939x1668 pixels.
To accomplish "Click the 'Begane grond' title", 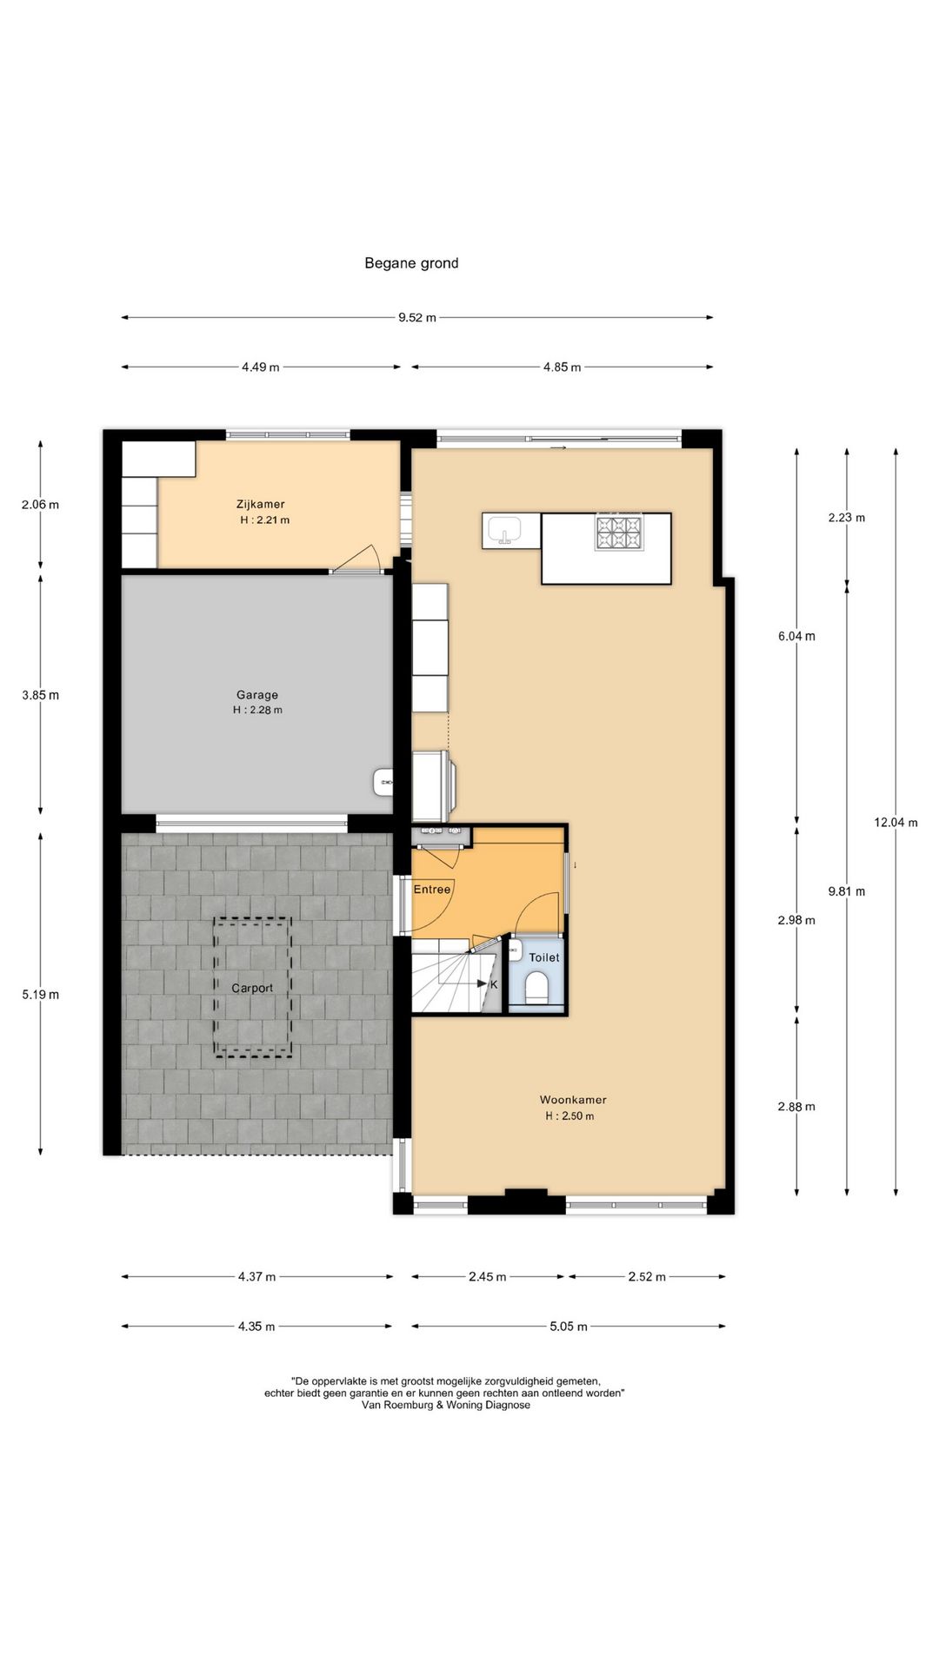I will point(411,263).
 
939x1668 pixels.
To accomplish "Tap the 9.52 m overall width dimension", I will point(416,318).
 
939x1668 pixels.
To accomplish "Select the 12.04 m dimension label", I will point(896,823).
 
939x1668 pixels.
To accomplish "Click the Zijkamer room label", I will point(260,504).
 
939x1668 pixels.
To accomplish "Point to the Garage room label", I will point(257,695).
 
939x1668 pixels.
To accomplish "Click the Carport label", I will point(252,988).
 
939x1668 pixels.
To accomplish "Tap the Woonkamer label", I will point(572,1100).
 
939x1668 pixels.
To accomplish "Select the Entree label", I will point(432,890).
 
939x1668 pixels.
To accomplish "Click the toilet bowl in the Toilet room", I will point(537,989).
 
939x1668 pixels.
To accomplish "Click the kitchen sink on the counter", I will point(503,530).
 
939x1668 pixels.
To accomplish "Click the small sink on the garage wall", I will point(383,782).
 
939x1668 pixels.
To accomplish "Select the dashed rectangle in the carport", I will point(253,988).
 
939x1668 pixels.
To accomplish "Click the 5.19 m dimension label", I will point(41,995).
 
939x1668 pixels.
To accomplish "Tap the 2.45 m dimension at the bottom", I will point(487,1277).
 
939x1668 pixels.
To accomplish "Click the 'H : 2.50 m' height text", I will point(569,1116).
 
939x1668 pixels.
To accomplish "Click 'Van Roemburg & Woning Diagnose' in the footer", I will point(444,1405).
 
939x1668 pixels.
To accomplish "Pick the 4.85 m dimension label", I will point(562,367).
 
